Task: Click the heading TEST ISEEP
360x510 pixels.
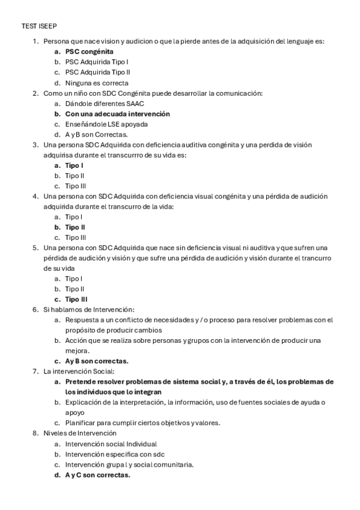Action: click(x=40, y=26)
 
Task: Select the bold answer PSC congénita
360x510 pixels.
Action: click(x=89, y=52)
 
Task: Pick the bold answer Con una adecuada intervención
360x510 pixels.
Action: click(x=117, y=114)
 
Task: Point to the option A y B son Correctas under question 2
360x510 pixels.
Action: click(x=96, y=135)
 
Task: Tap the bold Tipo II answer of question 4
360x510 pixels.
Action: click(x=75, y=227)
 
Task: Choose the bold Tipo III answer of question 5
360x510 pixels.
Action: click(x=76, y=299)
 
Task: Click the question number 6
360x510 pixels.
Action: click(x=35, y=309)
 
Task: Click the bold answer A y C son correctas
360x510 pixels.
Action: click(x=97, y=475)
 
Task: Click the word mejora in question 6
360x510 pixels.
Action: click(x=77, y=351)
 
